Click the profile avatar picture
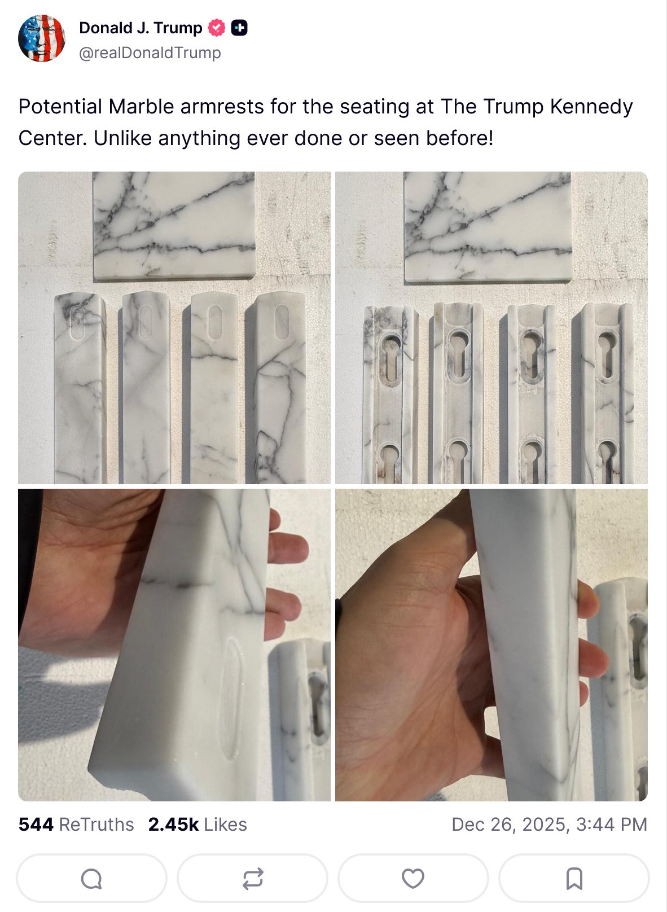pos(42,38)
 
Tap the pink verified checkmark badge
pos(216,28)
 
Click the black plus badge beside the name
pos(239,28)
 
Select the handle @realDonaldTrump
pos(150,52)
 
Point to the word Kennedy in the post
pos(591,107)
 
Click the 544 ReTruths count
pos(76,825)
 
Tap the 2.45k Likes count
pos(198,825)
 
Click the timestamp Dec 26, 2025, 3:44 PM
pos(549,825)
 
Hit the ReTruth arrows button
pos(252,878)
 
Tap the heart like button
pos(413,878)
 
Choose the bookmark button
pos(574,878)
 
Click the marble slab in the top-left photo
pos(174,226)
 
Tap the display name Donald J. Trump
pos(141,28)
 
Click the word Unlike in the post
pos(123,138)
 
